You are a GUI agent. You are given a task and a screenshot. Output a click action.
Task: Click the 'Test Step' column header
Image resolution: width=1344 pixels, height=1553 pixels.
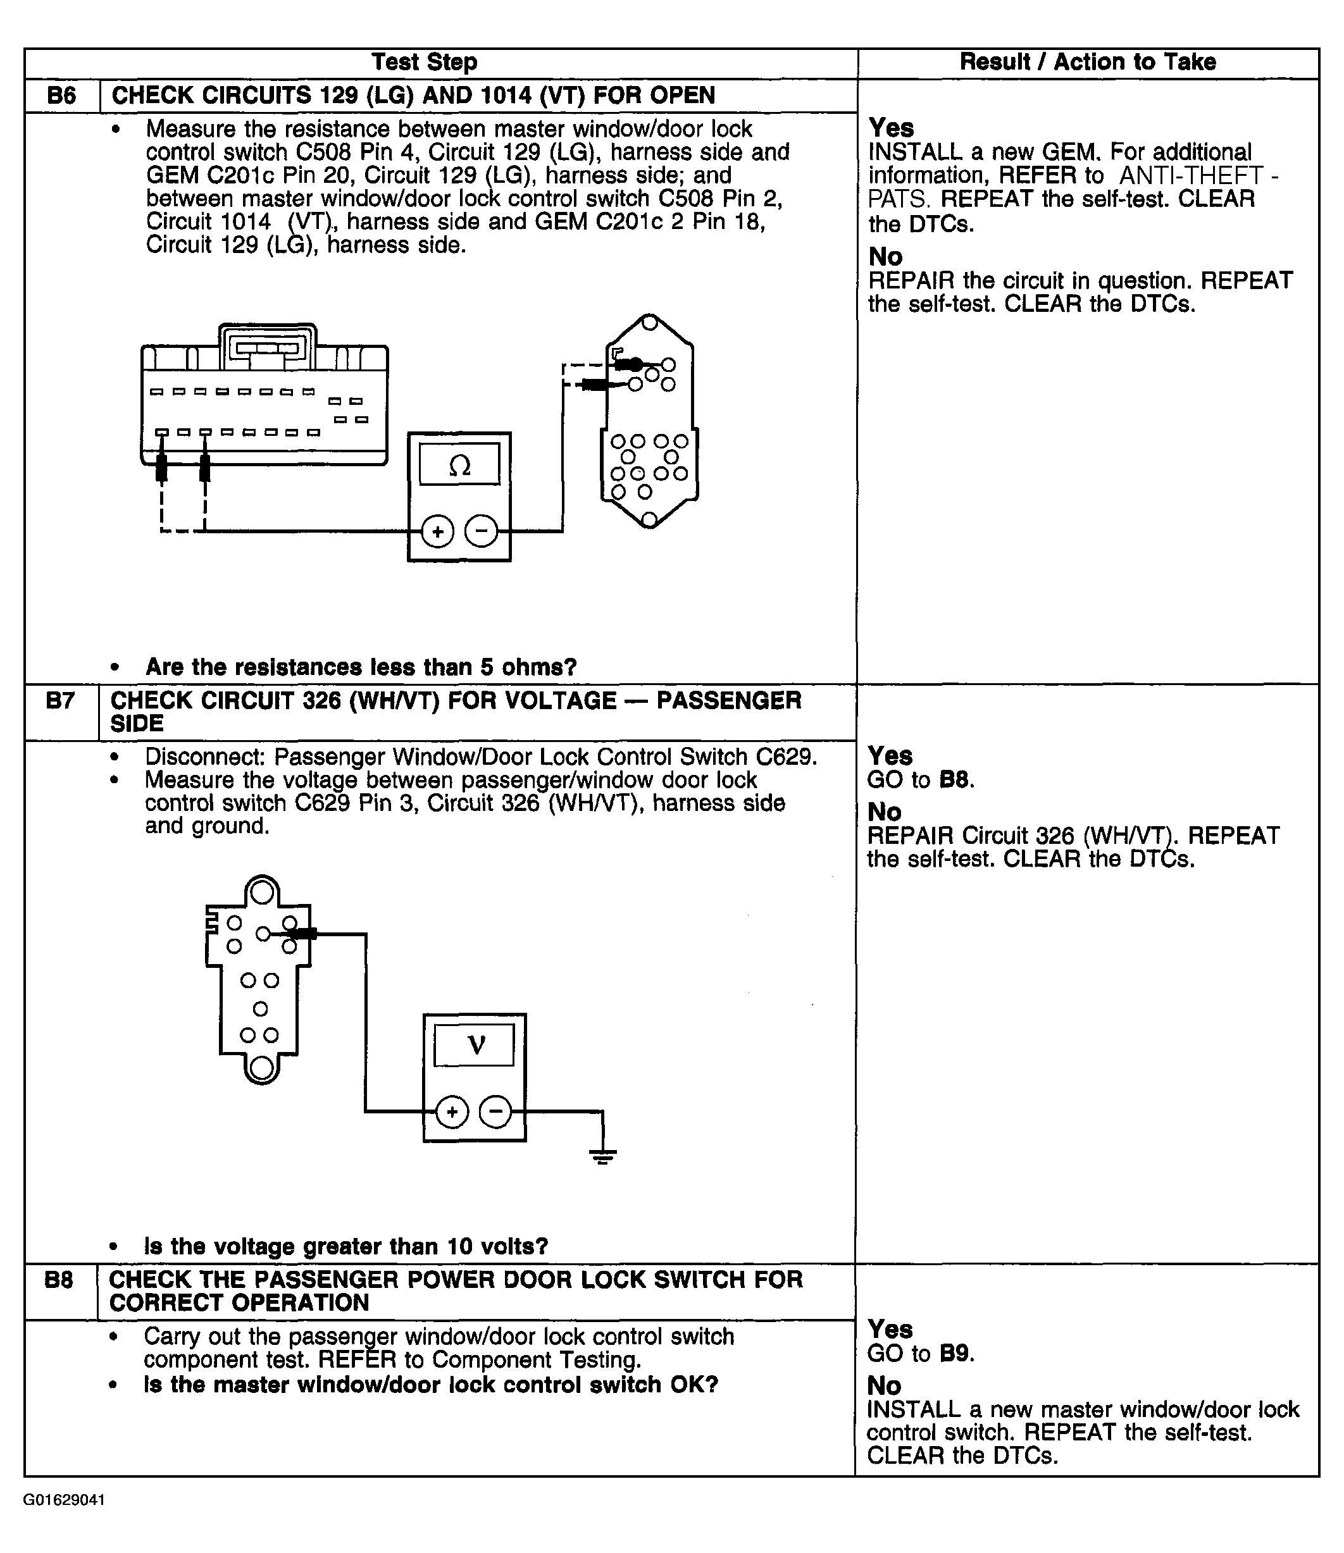(425, 62)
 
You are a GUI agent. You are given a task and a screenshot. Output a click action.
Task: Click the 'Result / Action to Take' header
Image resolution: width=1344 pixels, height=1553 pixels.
(1088, 62)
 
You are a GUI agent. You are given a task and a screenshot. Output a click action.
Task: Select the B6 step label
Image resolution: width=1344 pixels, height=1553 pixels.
(61, 96)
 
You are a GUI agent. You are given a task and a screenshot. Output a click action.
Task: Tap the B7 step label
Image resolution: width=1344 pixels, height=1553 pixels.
(60, 701)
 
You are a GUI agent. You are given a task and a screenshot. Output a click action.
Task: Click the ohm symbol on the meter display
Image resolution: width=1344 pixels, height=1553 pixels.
(459, 466)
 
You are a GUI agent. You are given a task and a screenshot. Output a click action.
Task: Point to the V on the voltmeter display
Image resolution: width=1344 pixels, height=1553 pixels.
(475, 1044)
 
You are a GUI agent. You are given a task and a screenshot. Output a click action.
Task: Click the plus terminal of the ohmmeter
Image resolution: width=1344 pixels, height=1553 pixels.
(437, 531)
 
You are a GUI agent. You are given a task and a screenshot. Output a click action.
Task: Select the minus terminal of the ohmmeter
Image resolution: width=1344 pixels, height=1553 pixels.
(482, 531)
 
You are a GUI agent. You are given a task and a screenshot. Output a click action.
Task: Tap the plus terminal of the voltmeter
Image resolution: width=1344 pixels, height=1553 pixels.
(452, 1112)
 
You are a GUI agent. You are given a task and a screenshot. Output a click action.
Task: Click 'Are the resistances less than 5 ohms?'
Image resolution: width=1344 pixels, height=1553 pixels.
(361, 667)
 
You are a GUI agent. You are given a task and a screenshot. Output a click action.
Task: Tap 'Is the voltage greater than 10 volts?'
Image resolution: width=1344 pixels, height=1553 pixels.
(345, 1246)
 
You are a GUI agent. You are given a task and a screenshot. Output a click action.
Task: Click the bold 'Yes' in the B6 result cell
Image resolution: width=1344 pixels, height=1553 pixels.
(891, 128)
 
